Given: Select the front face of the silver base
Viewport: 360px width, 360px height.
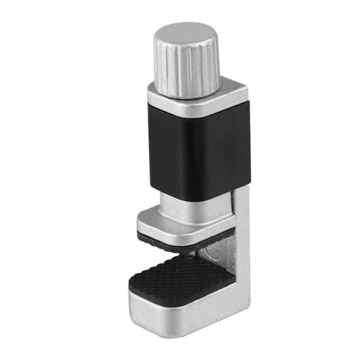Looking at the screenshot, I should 180,310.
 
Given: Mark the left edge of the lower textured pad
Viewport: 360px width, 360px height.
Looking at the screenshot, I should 132,281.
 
